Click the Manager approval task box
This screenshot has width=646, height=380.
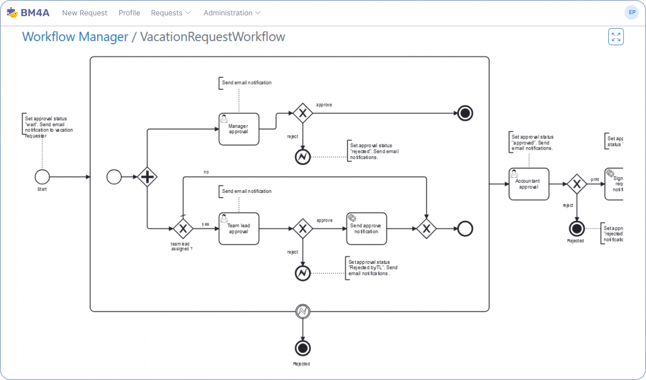tap(239, 129)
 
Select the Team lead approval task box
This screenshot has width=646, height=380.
tap(239, 229)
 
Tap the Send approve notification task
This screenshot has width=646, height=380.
tap(366, 229)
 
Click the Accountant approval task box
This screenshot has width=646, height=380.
tap(529, 184)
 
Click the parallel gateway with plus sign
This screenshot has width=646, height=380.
tap(147, 177)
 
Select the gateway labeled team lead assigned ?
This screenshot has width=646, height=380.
tap(183, 229)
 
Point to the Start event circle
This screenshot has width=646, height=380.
tap(42, 177)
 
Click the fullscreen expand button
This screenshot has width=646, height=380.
tap(616, 37)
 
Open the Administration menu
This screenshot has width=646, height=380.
tap(232, 13)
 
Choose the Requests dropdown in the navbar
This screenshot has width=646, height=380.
tap(170, 13)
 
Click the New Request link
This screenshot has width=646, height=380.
tap(84, 13)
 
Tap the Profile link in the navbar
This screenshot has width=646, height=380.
tap(129, 13)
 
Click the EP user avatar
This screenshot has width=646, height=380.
tap(632, 13)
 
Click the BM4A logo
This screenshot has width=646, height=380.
tap(28, 13)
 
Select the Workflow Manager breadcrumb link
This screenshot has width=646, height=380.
tap(75, 37)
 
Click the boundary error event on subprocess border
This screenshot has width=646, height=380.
tap(302, 311)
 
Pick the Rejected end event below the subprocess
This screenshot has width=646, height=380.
tap(302, 348)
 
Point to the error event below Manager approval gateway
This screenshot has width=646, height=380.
tap(302, 157)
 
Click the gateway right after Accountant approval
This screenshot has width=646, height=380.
tap(577, 184)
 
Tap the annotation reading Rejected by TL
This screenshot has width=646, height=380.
tap(372, 268)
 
